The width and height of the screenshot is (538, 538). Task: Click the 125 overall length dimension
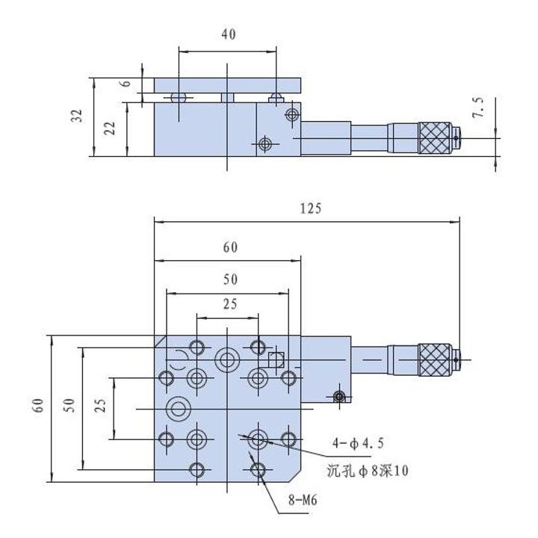click(311, 208)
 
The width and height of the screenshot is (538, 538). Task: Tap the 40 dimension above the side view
click(229, 34)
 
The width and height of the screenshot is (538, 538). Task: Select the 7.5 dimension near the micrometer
click(478, 108)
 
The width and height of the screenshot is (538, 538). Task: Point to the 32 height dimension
click(77, 116)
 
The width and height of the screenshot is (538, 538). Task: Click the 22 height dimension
click(110, 129)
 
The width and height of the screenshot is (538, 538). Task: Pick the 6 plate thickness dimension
click(126, 84)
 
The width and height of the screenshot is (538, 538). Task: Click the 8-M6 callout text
click(303, 500)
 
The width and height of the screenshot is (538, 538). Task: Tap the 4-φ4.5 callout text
click(358, 443)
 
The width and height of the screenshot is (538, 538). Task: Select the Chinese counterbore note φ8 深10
click(368, 471)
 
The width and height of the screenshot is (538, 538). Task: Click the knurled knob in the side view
click(434, 138)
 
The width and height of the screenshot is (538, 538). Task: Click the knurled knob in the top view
click(434, 360)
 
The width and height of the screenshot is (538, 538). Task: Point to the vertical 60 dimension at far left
click(38, 405)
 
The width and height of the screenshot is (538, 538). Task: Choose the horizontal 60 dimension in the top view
click(230, 247)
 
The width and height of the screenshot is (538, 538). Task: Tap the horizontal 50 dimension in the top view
click(230, 279)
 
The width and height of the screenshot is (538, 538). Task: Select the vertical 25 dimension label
click(101, 405)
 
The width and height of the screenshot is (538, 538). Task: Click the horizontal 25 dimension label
click(230, 304)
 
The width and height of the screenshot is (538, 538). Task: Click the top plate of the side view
click(227, 85)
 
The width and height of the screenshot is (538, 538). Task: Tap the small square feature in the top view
click(276, 360)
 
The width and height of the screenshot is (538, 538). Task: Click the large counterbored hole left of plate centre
click(178, 409)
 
